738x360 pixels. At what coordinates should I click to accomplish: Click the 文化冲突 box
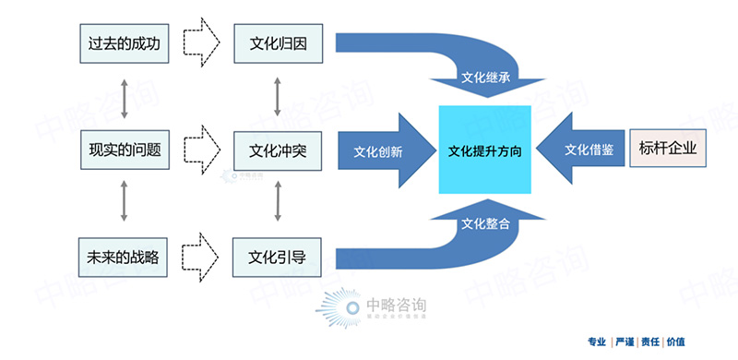click(x=278, y=149)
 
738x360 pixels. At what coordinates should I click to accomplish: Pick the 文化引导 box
click(x=278, y=256)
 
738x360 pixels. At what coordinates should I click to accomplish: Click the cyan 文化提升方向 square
click(x=484, y=150)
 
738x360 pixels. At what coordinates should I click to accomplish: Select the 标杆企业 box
click(x=667, y=148)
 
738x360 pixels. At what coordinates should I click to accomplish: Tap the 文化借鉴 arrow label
click(x=589, y=149)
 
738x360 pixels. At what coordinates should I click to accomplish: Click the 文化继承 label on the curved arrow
click(x=485, y=78)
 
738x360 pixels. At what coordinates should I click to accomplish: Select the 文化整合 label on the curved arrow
click(x=485, y=222)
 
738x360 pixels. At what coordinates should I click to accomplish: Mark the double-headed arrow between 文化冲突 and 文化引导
click(x=278, y=203)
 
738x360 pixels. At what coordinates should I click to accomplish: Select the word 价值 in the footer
click(x=676, y=342)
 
